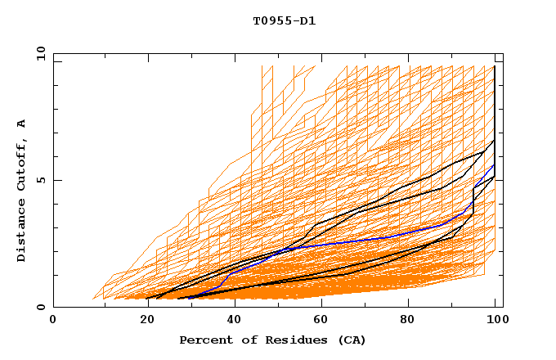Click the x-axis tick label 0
pos(53,320)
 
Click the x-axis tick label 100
pos(495,320)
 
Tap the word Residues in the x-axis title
pos(291,340)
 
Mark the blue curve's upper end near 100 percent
pos(494,166)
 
